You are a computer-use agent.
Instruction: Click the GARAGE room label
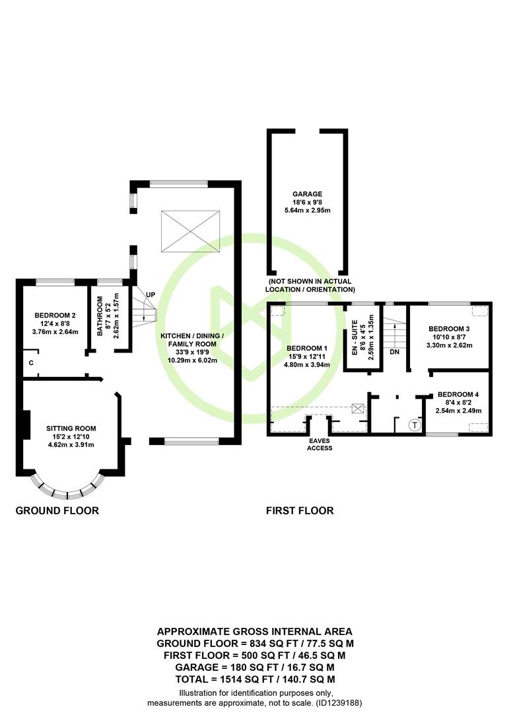tap(308, 193)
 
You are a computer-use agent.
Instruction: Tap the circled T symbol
tap(415, 425)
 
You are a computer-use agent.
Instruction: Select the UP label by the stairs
tap(151, 294)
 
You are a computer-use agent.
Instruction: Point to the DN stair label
tap(394, 352)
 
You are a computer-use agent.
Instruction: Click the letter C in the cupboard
tap(31, 363)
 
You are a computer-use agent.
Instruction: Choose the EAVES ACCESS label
tap(320, 444)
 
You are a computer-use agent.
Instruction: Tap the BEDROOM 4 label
tap(458, 394)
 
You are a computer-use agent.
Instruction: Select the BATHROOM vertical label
tap(100, 316)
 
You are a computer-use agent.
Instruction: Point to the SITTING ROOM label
tap(71, 428)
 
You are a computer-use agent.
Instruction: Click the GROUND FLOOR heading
tap(57, 510)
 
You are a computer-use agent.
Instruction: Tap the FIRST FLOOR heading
tap(300, 510)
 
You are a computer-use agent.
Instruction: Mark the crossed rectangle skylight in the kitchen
tap(191, 230)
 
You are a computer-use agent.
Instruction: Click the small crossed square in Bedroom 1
tap(358, 409)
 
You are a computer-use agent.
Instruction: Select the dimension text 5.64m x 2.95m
tap(308, 211)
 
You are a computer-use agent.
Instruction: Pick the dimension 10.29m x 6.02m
tap(192, 360)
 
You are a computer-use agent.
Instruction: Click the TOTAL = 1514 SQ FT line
tap(255, 679)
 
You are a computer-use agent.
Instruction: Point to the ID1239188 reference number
tap(339, 703)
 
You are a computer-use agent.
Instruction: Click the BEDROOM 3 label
tap(450, 329)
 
